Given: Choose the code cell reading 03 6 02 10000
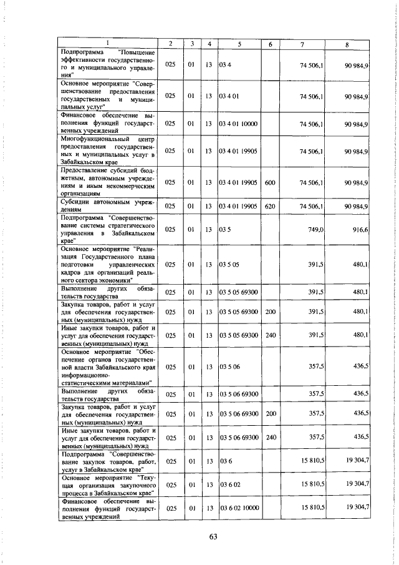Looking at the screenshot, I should point(239,508).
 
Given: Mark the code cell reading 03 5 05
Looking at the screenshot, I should point(229,265).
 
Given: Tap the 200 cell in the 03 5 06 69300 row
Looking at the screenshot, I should point(270,414).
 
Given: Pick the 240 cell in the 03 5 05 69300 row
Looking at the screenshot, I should point(270,335).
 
